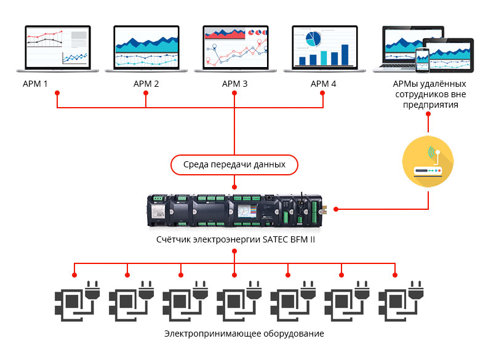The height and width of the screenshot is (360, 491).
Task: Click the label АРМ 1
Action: tap(35, 84)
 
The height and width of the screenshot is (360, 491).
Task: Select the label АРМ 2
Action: tap(146, 84)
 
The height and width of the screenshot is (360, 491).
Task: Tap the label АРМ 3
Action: tap(234, 84)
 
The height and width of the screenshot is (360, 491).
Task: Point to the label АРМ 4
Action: tap(323, 84)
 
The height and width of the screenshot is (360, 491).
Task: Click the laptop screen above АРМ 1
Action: tap(57, 48)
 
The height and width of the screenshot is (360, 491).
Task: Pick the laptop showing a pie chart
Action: tap(323, 48)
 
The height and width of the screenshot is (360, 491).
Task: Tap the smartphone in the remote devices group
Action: tap(421, 60)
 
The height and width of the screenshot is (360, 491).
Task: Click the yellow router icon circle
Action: tap(428, 162)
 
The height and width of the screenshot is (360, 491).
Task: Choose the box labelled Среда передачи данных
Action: tap(234, 164)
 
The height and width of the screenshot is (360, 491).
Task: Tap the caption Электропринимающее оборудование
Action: tap(244, 334)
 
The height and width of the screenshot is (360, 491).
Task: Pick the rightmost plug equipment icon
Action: tap(396, 300)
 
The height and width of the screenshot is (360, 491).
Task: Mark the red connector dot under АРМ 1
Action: tap(57, 94)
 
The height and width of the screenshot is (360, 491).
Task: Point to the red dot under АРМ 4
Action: tap(322, 94)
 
